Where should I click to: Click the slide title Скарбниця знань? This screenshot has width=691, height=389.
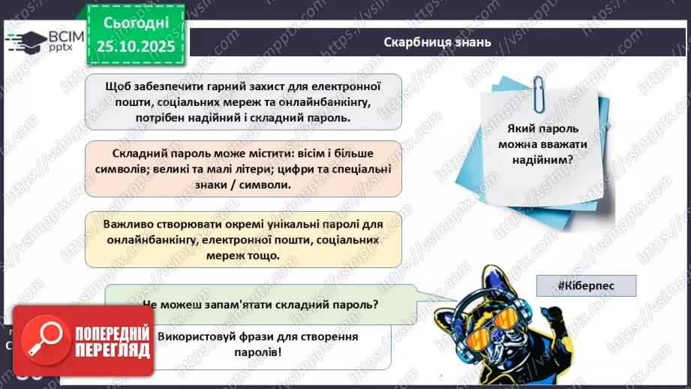pyautogui.click(x=437, y=41)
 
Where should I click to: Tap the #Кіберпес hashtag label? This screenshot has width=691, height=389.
pyautogui.click(x=586, y=285)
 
